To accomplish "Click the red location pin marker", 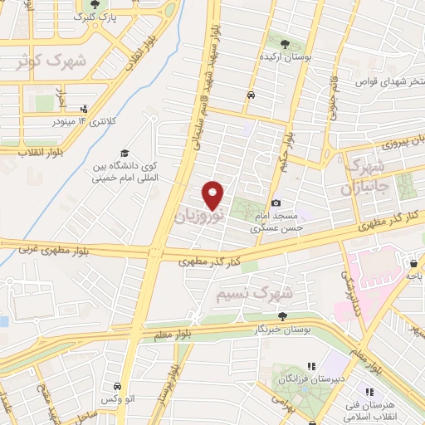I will (x=213, y=194).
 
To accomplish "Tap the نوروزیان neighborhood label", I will (x=198, y=215).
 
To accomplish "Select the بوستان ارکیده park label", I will (x=285, y=59).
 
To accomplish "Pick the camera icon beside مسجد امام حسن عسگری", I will (x=276, y=203).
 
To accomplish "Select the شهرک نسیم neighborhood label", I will (x=254, y=294).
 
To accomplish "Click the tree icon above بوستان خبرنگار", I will (x=283, y=315).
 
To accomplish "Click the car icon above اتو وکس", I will (x=117, y=387).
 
